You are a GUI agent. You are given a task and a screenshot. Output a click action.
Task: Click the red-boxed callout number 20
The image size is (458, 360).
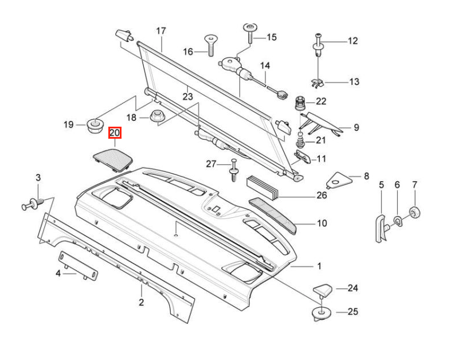(115, 133)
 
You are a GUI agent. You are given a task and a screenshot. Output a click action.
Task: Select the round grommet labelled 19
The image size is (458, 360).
(96, 126)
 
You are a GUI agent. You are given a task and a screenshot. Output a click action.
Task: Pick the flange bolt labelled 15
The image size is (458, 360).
(250, 33)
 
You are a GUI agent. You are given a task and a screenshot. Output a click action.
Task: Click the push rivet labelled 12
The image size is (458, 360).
(318, 48)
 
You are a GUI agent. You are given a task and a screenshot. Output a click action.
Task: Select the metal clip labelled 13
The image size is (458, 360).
(317, 83)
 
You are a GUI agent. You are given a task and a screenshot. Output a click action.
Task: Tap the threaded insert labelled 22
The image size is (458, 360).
(300, 103)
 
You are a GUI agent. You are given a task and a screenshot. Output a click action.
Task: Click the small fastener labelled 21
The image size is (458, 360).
(300, 140)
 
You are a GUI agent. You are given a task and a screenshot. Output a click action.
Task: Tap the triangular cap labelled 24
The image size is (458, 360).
(323, 290)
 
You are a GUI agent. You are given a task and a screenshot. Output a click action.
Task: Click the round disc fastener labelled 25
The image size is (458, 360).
(322, 314)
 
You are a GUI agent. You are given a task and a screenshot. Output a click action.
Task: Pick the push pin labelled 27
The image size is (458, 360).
(234, 170)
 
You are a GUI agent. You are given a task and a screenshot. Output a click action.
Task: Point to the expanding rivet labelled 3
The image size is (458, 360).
(33, 204)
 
